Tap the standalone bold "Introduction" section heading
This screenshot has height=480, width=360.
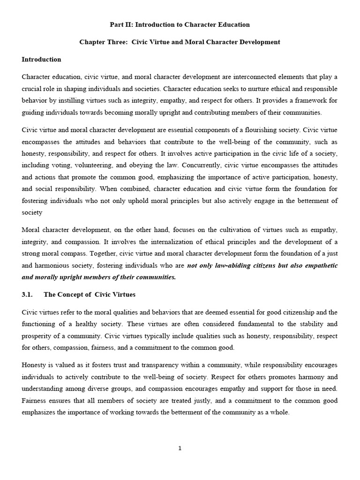[x=41, y=60]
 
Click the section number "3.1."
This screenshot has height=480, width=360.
[x=29, y=294]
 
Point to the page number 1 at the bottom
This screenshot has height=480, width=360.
[x=180, y=448]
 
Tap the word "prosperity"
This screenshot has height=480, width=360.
[x=38, y=336]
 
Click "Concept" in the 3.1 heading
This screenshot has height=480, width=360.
[x=75, y=294]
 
